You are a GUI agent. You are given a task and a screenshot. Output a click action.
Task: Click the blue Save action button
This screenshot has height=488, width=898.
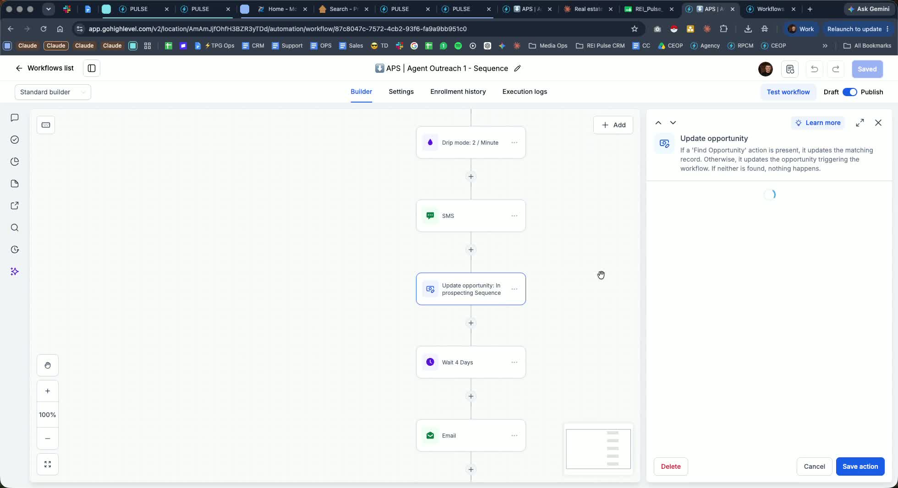860,466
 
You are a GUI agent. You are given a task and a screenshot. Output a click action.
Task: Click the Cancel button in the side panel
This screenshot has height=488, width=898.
814,466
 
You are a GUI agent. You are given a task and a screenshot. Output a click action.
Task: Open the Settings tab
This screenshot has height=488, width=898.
401,92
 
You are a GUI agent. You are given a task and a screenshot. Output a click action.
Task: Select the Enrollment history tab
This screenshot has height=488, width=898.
458,92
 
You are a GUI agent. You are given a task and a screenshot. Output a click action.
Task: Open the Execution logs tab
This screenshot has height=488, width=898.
525,92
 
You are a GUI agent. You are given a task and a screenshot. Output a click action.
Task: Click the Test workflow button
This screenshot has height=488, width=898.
788,92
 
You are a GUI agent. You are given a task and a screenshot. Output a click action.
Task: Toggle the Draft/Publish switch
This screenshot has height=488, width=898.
849,92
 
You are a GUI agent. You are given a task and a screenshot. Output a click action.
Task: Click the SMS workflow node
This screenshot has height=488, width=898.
471,216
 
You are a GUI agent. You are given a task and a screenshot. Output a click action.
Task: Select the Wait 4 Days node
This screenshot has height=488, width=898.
471,362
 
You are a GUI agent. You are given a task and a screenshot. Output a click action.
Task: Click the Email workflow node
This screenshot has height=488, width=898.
471,435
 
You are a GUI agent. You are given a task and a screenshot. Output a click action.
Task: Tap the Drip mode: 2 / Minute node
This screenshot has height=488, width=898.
471,142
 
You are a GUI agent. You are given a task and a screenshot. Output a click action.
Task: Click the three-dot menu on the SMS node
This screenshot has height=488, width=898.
515,216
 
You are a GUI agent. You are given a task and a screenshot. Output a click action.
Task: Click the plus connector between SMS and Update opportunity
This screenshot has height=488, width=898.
471,249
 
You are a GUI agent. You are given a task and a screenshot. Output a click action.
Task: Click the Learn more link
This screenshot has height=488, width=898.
818,123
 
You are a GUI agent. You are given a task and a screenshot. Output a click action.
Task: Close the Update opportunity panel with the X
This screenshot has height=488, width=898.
878,123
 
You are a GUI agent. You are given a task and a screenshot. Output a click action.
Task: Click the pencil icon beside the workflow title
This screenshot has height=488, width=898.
517,68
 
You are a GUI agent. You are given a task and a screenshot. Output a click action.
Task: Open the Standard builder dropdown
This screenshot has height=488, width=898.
53,92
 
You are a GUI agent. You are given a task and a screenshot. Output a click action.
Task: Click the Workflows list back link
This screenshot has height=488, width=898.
44,68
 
